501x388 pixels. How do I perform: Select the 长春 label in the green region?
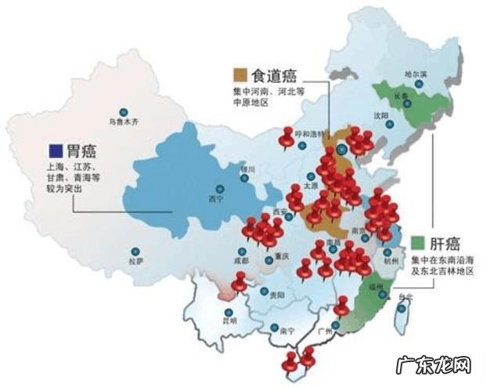click(x=401, y=96)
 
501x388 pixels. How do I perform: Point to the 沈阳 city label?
click(x=380, y=115)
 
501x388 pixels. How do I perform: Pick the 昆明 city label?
click(x=229, y=320)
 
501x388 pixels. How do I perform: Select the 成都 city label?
click(x=240, y=260)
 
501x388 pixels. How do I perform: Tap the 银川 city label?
click(x=247, y=169)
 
